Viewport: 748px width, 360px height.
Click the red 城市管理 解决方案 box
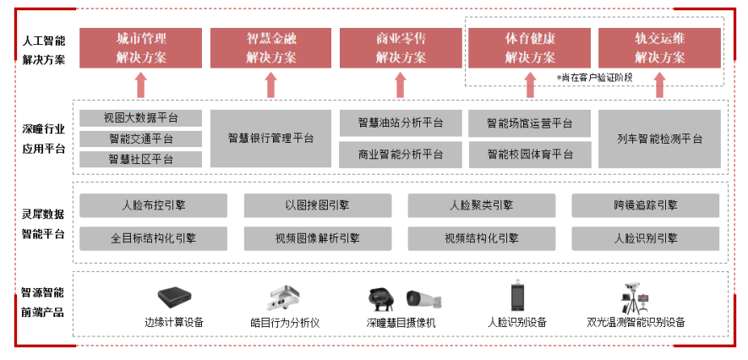click(141, 48)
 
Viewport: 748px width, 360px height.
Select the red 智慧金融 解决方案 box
click(271, 48)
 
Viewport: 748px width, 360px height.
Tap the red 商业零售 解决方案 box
click(401, 48)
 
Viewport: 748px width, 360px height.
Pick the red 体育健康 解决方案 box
click(530, 48)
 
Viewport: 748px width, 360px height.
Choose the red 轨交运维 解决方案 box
click(659, 48)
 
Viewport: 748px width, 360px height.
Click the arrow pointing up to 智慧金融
click(271, 85)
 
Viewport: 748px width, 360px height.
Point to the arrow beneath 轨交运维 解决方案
click(659, 85)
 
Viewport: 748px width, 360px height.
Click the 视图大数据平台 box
click(141, 117)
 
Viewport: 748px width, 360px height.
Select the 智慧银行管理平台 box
click(271, 138)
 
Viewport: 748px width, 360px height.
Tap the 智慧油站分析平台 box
click(401, 123)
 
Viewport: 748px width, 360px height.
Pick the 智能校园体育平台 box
click(530, 154)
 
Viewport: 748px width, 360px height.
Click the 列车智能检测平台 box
click(659, 138)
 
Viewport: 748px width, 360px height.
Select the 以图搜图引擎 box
click(317, 205)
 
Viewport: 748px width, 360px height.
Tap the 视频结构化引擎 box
click(482, 238)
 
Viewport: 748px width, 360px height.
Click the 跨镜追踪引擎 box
click(646, 205)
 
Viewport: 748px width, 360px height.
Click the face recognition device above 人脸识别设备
click(517, 297)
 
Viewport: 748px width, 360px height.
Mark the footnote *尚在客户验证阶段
click(593, 77)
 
